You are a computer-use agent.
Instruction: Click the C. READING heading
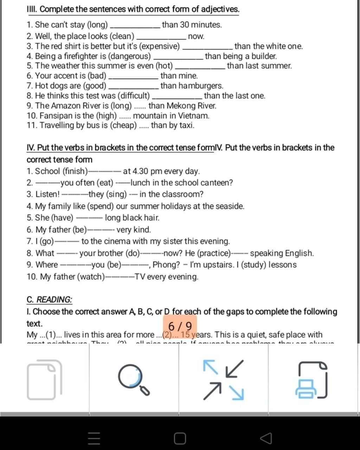(50, 300)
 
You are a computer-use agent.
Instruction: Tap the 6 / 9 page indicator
(180, 326)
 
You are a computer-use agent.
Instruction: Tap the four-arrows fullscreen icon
(224, 380)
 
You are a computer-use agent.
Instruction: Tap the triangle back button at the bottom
(266, 438)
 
